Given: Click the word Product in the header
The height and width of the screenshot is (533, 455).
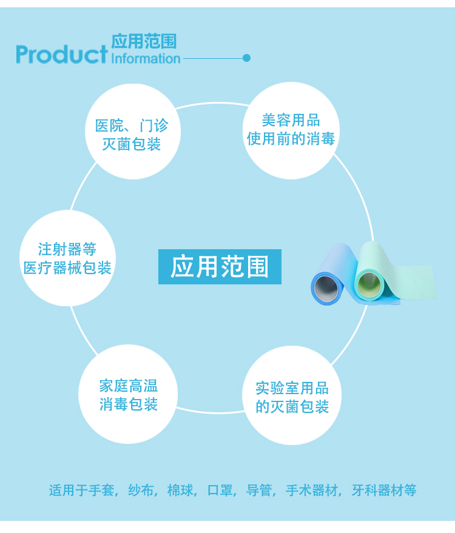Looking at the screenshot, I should click(x=61, y=54).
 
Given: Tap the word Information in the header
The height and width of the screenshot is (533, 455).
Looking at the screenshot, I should click(x=146, y=58).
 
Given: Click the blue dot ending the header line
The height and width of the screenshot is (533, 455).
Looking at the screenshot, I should click(x=246, y=58).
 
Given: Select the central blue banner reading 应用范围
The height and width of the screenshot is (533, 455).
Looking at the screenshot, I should click(x=220, y=267).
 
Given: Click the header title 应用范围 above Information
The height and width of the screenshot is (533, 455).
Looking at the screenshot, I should click(x=144, y=41).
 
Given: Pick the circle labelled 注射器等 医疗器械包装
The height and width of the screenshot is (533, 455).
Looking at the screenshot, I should click(x=67, y=258).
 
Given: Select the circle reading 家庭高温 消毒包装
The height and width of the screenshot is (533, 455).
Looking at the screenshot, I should click(x=128, y=395).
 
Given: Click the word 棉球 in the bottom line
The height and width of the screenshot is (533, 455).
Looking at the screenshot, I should click(x=181, y=490).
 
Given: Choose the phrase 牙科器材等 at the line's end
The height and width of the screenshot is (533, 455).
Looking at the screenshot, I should click(x=384, y=490).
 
